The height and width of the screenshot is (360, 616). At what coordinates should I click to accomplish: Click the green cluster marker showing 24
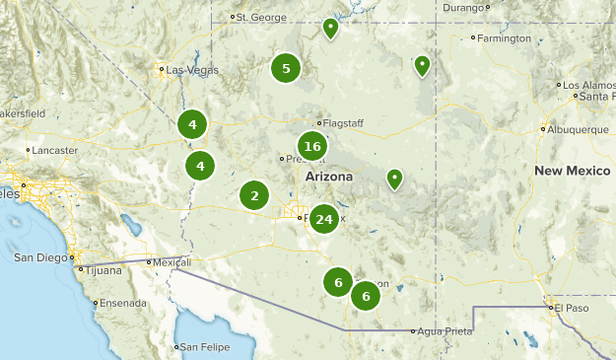pos(323,219)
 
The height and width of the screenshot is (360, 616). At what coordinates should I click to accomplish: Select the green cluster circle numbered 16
pos(312,147)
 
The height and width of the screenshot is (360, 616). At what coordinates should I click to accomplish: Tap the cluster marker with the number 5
pos(286,69)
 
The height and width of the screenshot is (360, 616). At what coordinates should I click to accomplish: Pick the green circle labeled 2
pos(254,195)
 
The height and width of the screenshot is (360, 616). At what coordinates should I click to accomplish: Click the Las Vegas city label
pos(189,70)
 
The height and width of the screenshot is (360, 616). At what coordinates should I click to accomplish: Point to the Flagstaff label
pos(343,123)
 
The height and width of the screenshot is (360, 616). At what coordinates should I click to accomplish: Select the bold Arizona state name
pos(328,176)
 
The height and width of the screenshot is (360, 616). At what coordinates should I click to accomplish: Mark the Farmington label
pos(504,38)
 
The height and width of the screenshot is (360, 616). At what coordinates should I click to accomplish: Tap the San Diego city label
pos(40,257)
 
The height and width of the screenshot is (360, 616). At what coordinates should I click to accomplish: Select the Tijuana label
pos(98,269)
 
